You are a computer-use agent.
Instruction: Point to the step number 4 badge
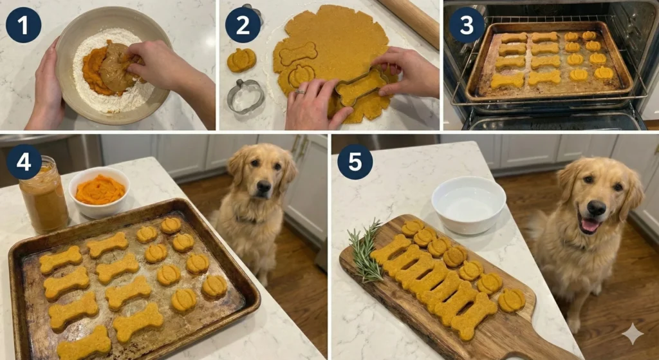(x=24, y=162)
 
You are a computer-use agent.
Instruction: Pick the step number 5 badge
(x=355, y=162)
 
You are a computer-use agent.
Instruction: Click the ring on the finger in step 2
(x=301, y=92)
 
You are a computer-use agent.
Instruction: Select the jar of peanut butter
(x=43, y=196)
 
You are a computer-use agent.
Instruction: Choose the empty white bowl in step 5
(x=468, y=204)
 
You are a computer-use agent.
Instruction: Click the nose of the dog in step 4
(x=264, y=187)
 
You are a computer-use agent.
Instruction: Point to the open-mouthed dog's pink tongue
(x=589, y=225)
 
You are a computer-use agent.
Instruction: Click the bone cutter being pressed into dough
(x=360, y=86)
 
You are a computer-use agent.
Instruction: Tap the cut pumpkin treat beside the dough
(x=241, y=60)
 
